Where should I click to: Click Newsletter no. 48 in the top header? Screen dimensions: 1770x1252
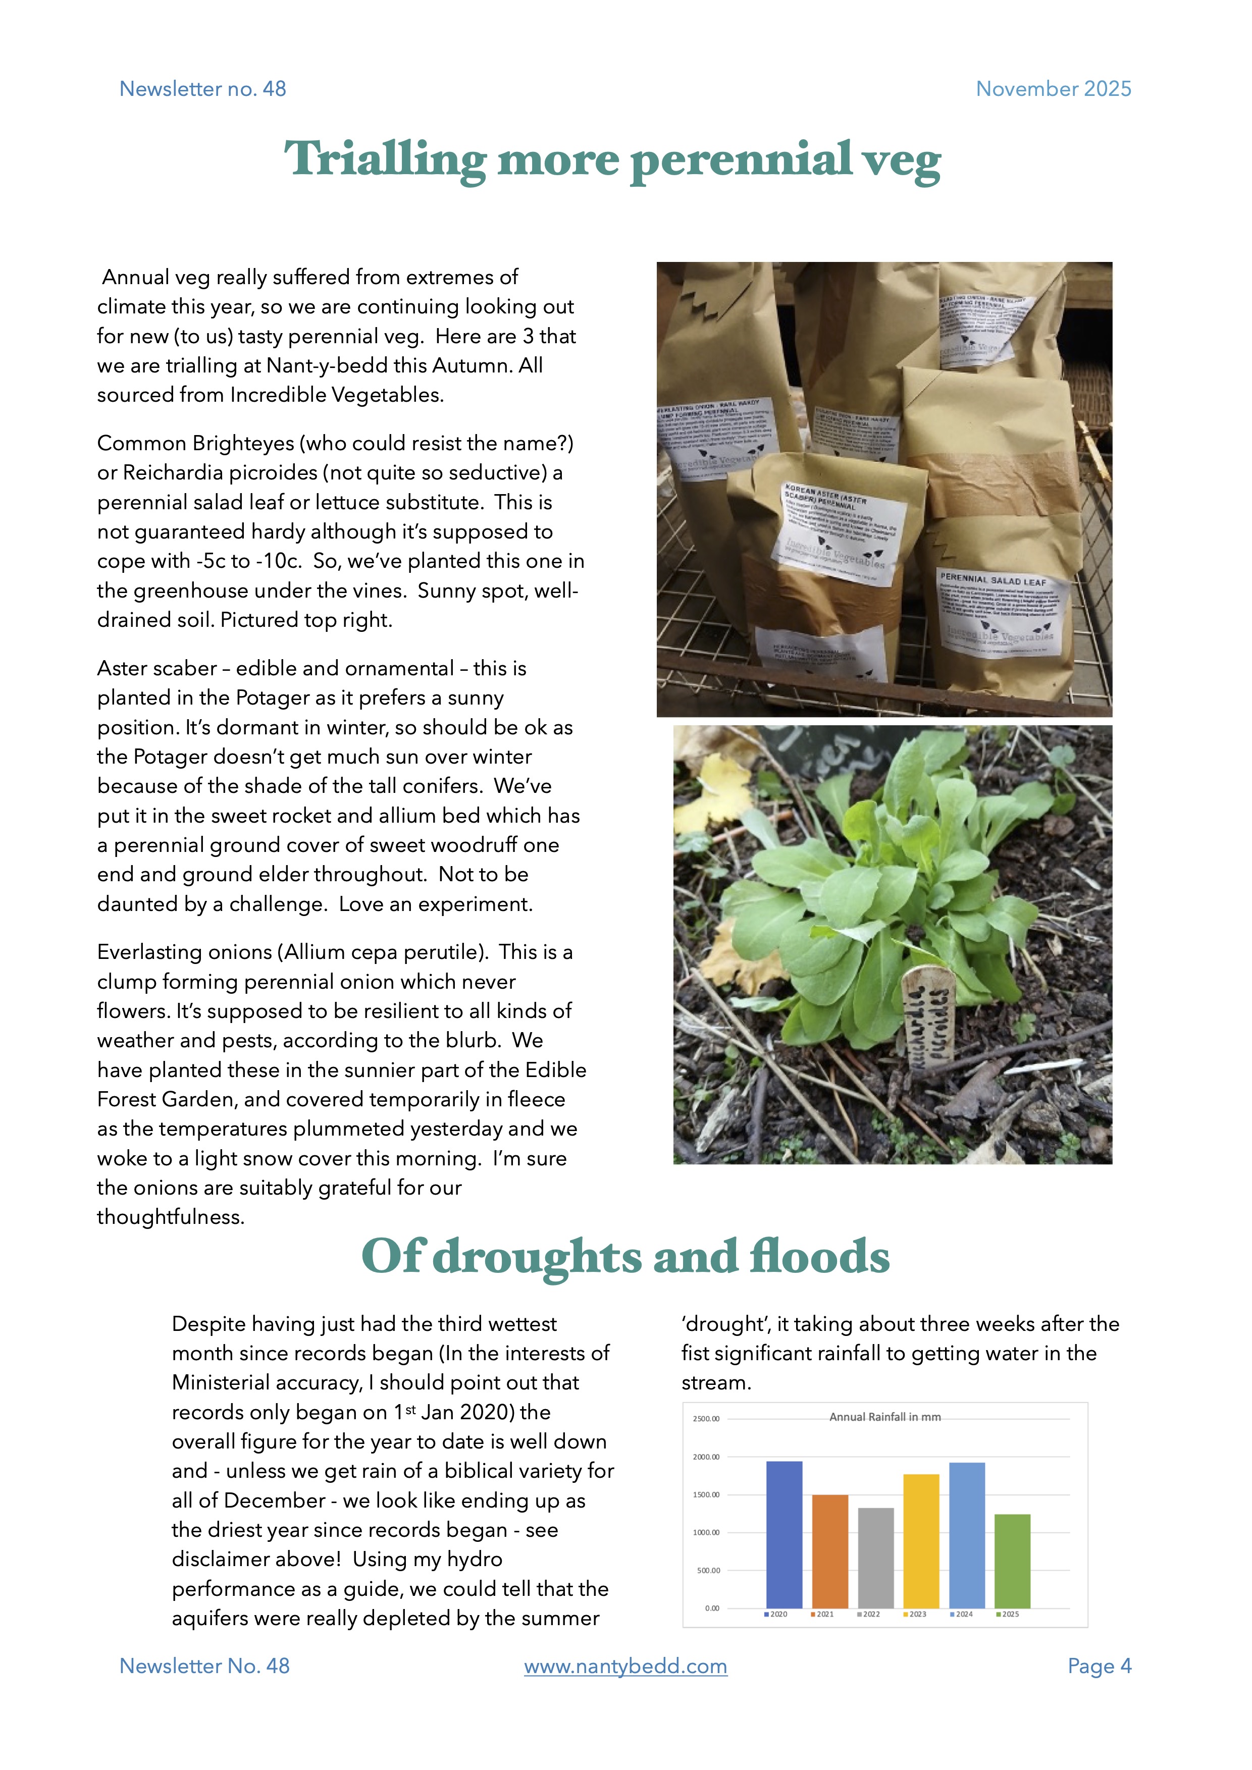[203, 89]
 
